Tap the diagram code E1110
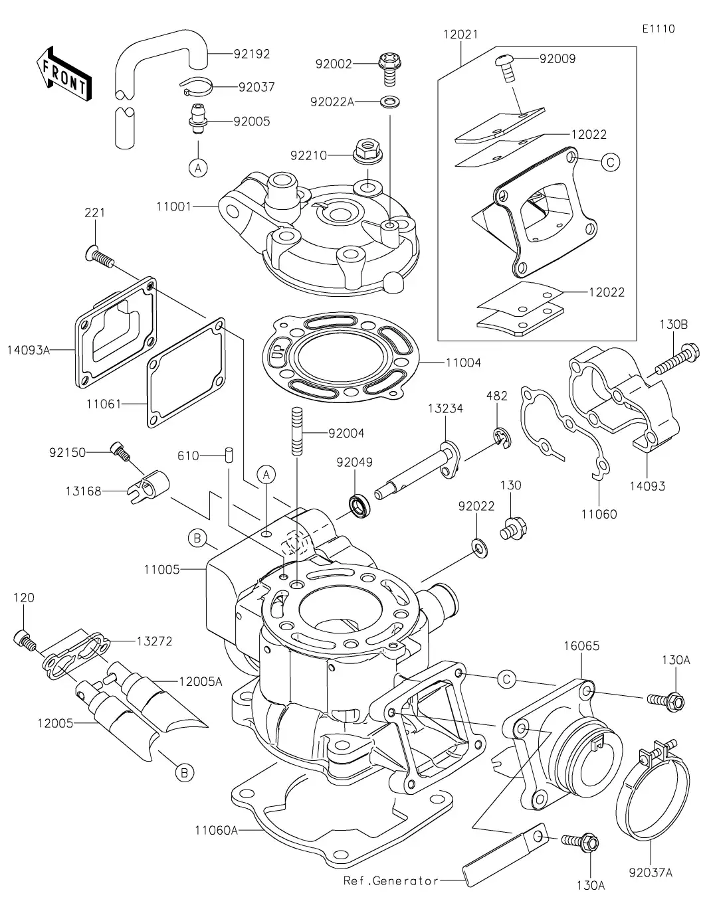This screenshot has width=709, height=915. (x=658, y=29)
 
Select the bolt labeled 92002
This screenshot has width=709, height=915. (x=387, y=69)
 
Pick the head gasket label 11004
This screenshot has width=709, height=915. (x=463, y=363)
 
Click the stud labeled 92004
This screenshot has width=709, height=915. (x=295, y=432)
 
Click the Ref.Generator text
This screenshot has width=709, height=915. (x=391, y=880)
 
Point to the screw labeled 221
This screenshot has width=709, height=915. (x=100, y=256)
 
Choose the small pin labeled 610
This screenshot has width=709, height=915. (x=229, y=456)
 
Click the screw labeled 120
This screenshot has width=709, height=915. (x=25, y=638)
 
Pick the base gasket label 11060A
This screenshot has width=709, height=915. (x=216, y=829)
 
